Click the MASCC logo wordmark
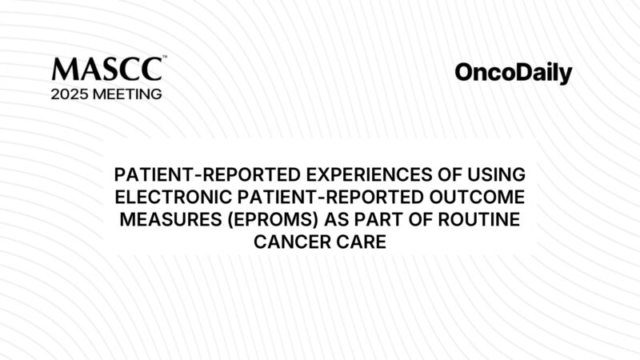click(x=106, y=70)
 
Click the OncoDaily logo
click(x=514, y=74)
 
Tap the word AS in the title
click(x=339, y=219)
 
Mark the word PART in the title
click(x=383, y=219)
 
